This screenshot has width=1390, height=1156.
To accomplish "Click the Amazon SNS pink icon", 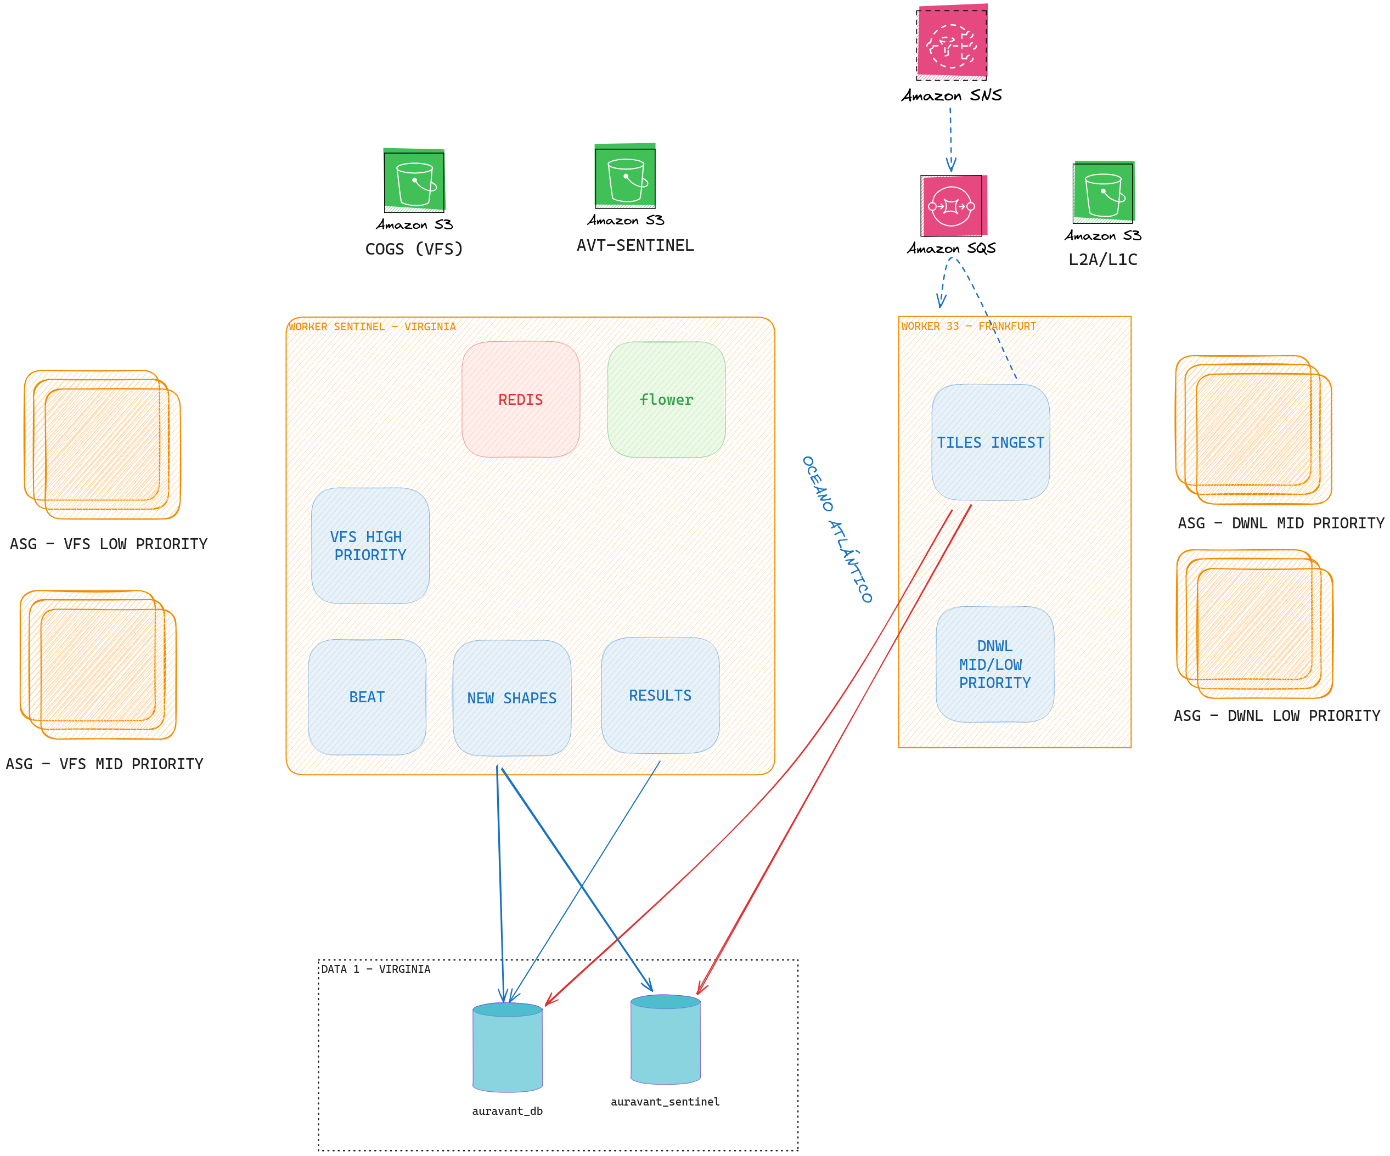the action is [952, 42].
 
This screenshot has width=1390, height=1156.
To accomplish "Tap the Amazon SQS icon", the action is [953, 206].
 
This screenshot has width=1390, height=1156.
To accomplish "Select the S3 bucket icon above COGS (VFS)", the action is [414, 181].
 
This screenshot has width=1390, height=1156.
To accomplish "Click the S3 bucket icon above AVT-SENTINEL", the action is [625, 176].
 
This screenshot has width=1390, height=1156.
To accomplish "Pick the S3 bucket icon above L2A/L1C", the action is [1104, 192].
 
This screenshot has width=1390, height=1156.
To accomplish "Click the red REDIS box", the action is [521, 399].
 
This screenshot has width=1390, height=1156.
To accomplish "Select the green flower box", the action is [667, 399].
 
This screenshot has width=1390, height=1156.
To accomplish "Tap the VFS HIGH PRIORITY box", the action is [370, 546].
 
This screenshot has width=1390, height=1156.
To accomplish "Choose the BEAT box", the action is [367, 697].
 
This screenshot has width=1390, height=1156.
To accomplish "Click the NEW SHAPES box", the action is [511, 698].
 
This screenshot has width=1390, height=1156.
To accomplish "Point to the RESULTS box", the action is [661, 696].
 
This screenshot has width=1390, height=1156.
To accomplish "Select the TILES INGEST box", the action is [991, 442].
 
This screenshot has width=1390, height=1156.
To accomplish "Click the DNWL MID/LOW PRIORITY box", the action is [995, 664].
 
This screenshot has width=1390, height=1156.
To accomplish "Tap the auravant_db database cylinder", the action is [508, 1047].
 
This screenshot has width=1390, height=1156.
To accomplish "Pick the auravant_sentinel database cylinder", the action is [665, 1039].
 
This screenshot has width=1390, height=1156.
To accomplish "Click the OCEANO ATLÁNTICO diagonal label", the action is [837, 529].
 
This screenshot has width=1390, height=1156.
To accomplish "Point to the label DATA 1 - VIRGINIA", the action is [376, 969].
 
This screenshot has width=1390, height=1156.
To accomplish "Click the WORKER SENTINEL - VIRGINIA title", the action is [372, 327].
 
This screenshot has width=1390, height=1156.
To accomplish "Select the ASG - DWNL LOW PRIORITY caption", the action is [1277, 716].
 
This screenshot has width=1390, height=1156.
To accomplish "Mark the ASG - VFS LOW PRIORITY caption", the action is [109, 544].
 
